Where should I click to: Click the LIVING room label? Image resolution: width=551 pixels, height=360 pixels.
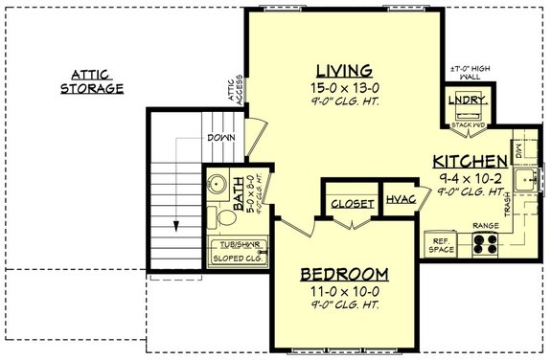[x=343, y=70]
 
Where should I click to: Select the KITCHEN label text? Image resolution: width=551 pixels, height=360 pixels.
[x=470, y=161]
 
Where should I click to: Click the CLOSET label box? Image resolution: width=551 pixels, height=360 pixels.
[x=349, y=204]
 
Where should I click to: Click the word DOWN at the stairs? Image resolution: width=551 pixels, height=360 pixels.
[x=220, y=139]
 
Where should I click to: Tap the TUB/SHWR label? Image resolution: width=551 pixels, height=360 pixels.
[x=238, y=244]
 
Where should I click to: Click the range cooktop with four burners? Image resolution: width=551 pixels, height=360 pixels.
[x=485, y=245]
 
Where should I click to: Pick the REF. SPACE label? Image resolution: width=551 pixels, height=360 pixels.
[x=442, y=245]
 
